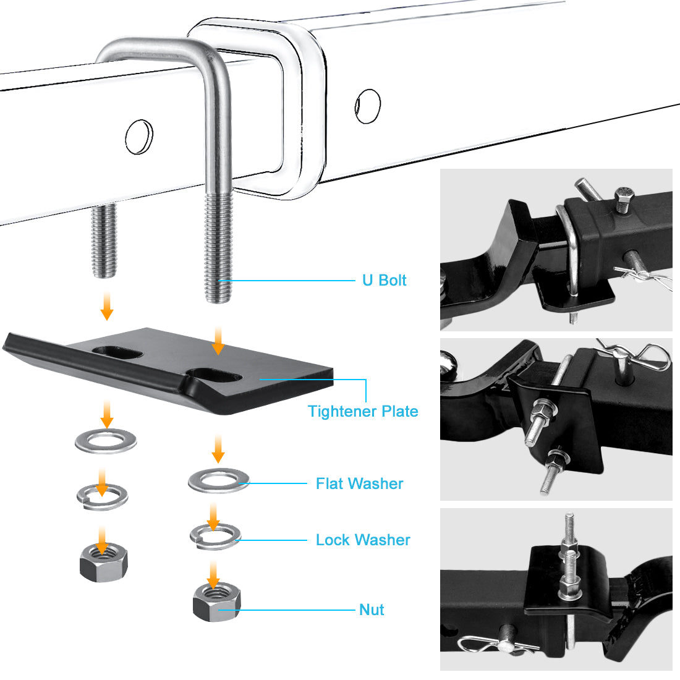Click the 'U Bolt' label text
384,281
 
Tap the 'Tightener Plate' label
363,412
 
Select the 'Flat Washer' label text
359,483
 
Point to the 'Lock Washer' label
363,540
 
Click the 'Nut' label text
372,610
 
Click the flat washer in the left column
106,441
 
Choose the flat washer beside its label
218,480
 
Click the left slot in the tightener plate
117,352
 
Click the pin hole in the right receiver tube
368,106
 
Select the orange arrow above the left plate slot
107,305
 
